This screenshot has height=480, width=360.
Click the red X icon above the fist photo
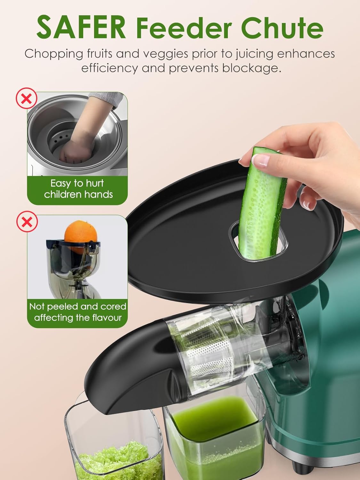(27, 99)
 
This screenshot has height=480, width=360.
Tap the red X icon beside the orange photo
(27, 221)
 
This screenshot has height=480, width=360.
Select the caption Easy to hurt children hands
(78, 189)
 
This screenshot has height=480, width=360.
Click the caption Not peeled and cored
(78, 306)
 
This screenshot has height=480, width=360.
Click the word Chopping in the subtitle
(53, 54)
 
